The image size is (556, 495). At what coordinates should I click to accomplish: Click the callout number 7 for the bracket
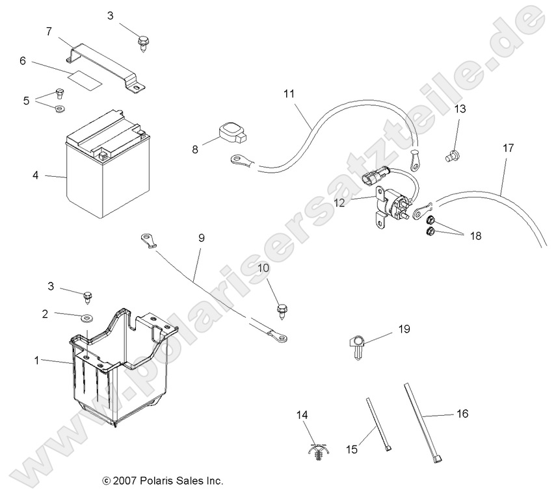48,31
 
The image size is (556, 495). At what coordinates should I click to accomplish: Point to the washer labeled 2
86,318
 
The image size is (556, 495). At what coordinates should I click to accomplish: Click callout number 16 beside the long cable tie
462,413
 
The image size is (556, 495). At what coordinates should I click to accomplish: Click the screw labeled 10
282,309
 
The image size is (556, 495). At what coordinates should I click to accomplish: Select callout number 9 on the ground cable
201,238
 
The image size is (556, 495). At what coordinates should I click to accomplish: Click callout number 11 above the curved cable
289,94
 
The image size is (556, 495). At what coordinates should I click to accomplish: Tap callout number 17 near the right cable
508,148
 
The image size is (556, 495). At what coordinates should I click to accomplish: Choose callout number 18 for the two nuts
475,236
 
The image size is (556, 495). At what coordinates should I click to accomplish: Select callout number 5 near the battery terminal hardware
26,101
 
